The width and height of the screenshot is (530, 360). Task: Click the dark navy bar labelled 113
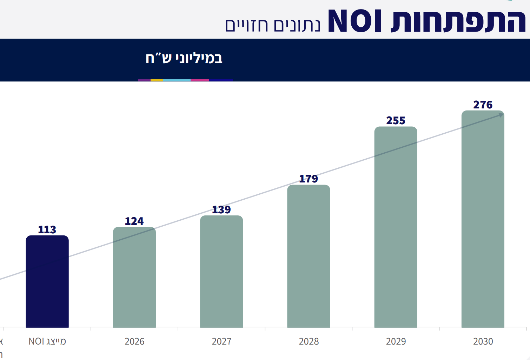[47, 281]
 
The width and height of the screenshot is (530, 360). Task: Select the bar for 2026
[134, 277]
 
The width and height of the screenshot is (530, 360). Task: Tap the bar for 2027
[221, 271]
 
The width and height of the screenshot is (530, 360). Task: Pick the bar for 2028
[309, 256]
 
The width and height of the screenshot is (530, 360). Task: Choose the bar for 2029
[396, 227]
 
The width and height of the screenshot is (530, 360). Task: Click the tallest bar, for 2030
[483, 219]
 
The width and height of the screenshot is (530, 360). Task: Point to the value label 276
[483, 105]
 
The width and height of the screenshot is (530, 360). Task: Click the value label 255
[396, 121]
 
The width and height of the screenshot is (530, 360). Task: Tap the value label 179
[309, 179]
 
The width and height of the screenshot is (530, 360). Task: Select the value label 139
[221, 209]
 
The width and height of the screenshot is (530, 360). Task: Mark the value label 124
[134, 221]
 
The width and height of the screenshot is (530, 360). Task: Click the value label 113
[47, 230]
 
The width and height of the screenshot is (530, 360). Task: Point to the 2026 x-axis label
[134, 341]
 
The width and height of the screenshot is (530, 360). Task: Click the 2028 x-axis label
[309, 341]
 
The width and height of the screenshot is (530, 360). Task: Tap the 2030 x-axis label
[483, 341]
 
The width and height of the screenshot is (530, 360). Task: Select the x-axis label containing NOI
[47, 341]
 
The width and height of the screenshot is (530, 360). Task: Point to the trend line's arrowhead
[501, 115]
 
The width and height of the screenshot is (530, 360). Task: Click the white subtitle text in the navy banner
[184, 58]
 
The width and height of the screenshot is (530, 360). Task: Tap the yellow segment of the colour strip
[157, 80]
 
